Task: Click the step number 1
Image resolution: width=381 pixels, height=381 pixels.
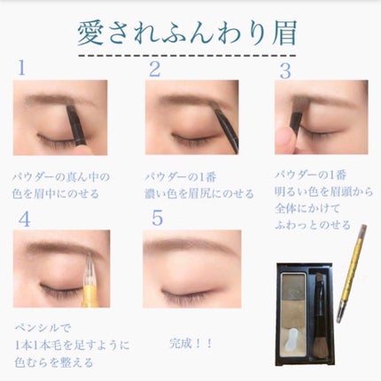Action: [x=21, y=67]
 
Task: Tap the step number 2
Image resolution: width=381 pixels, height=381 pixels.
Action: [x=155, y=69]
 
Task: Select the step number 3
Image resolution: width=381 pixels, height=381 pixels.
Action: [x=285, y=71]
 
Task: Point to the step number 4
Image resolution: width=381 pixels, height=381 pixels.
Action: [x=24, y=219]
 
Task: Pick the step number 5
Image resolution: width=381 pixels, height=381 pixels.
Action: [x=158, y=218]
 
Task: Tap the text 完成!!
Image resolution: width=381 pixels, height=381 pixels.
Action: [x=190, y=344]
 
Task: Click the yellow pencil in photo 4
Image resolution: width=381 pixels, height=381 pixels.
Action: [x=88, y=284]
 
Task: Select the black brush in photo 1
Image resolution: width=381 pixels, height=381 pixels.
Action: [x=75, y=126]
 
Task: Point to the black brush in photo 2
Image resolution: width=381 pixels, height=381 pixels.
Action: [x=227, y=130]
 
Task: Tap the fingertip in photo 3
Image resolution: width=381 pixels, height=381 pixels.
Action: [x=285, y=141]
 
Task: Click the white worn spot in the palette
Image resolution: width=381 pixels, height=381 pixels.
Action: [x=291, y=335]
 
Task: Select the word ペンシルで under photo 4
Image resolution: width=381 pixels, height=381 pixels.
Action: [x=43, y=328]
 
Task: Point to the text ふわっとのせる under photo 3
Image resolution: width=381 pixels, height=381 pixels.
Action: [x=313, y=225]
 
